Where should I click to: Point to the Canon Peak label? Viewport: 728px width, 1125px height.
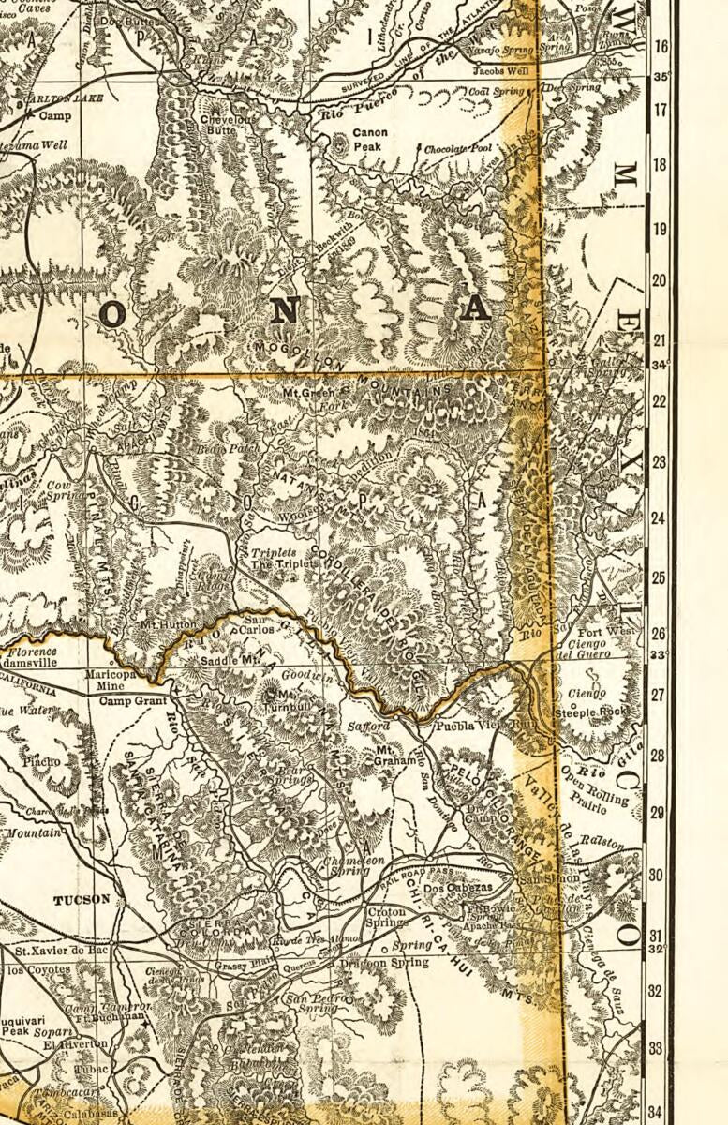click(369, 140)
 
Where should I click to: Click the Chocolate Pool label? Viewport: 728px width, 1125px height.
click(457, 150)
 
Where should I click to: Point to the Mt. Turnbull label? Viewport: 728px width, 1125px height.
click(283, 698)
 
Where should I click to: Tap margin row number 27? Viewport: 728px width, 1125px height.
click(659, 696)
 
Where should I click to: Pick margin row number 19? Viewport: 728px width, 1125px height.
click(659, 229)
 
